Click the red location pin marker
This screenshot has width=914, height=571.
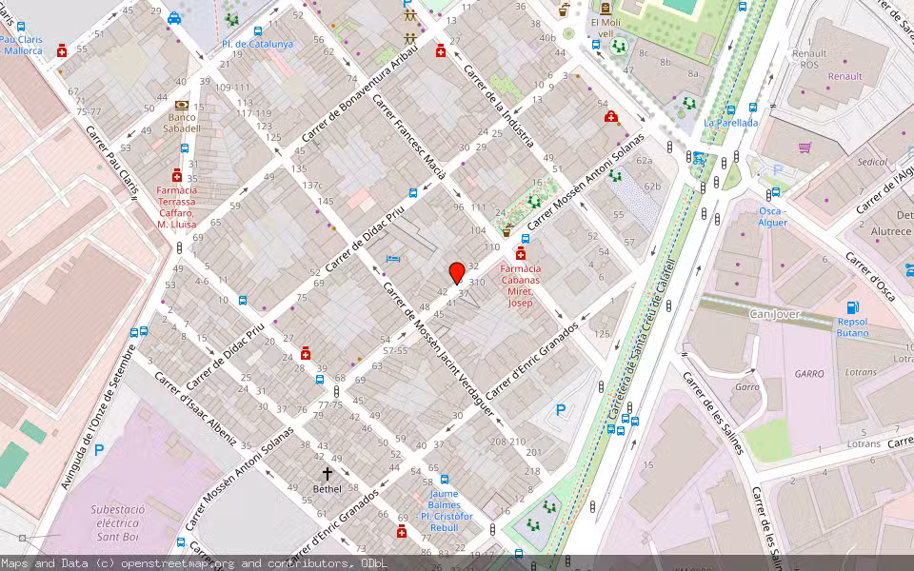[457, 272]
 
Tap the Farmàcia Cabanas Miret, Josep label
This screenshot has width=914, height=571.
[520, 285]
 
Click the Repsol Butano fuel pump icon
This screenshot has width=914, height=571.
[852, 307]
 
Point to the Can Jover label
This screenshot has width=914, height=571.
[774, 314]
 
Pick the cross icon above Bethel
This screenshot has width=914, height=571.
[327, 473]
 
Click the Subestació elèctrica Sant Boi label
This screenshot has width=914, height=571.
[118, 522]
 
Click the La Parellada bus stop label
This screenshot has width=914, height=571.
[731, 123]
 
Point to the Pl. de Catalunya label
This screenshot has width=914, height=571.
[257, 44]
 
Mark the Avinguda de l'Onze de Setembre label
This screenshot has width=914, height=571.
[92, 419]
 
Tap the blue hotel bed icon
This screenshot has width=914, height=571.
[392, 258]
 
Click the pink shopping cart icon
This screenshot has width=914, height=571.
[805, 148]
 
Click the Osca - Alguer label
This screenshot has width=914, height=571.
[772, 216]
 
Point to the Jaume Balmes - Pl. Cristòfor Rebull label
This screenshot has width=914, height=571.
[444, 510]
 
